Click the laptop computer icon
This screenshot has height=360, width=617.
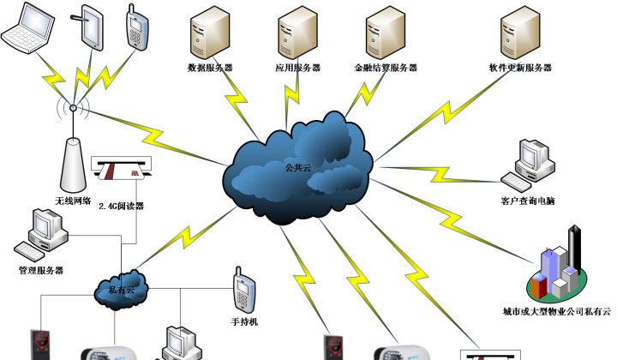point(28,27)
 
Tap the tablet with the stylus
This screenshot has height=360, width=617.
point(91,27)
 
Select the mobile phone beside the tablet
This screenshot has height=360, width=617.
point(137,29)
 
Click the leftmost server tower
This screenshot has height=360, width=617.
point(210,33)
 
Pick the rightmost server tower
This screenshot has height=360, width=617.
point(520,33)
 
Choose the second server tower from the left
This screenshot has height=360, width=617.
point(297,33)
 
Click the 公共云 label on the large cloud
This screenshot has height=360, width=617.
point(298,168)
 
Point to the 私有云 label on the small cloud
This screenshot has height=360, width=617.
point(122,290)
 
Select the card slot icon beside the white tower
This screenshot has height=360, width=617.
point(121,168)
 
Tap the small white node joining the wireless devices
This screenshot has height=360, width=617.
point(74,107)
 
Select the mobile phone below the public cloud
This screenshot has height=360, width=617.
point(244,291)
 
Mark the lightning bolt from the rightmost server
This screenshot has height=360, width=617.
point(446,112)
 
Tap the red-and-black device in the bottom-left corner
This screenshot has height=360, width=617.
point(40,345)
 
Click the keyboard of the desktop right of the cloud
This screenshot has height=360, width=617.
point(516,182)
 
